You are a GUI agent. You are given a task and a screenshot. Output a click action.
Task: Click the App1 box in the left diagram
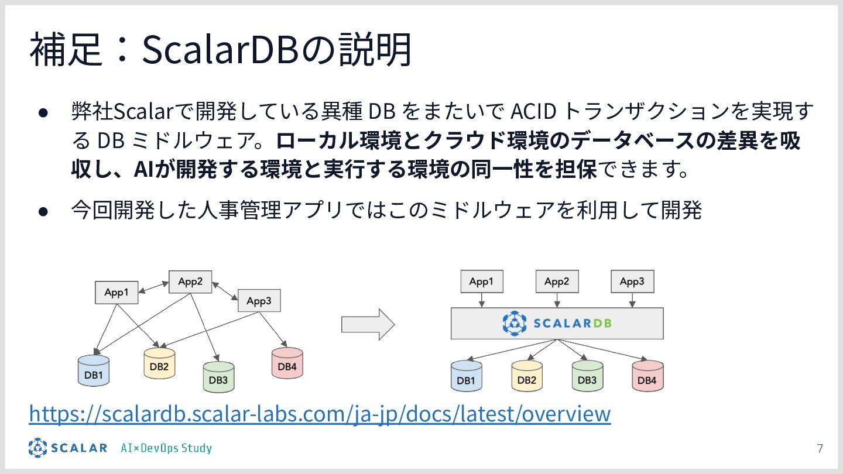[116, 293]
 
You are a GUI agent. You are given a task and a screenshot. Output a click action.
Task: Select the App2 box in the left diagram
[190, 282]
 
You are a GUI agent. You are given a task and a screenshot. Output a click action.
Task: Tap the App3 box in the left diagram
[259, 301]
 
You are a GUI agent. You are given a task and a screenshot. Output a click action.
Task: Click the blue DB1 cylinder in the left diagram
[94, 371]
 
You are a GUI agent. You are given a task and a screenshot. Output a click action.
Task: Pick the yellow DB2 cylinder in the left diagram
[159, 364]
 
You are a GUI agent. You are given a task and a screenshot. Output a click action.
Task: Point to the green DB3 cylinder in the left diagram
[218, 377]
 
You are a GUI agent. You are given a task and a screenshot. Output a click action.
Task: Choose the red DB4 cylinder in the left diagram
[287, 363]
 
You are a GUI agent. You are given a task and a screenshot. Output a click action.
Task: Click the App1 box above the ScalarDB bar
[481, 281]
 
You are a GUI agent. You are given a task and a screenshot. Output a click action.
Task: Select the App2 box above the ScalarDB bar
[557, 281]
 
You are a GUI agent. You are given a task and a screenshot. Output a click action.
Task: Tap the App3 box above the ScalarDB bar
[632, 281]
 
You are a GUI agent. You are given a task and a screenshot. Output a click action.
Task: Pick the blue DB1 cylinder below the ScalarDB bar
[466, 376]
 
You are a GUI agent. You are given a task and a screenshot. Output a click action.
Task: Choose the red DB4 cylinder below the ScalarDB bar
[647, 376]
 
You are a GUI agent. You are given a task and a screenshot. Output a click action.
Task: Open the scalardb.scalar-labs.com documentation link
[320, 413]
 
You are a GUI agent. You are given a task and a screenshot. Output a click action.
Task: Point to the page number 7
[820, 449]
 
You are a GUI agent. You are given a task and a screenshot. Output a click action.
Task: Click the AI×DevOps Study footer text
[166, 448]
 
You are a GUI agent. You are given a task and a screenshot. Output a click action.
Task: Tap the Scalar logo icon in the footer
[38, 448]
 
